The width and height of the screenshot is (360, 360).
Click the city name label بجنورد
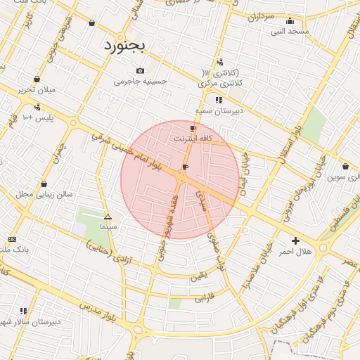pyautogui.click(x=124, y=46)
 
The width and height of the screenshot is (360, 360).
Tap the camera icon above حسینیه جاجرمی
pyautogui.click(x=141, y=70)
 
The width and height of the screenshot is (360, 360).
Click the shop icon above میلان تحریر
pyautogui.click(x=37, y=79)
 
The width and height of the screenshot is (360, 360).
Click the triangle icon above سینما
pyautogui.click(x=108, y=217)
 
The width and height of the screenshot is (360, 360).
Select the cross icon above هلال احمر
pyautogui.click(x=295, y=240)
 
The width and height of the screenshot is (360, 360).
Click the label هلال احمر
pyautogui.click(x=295, y=251)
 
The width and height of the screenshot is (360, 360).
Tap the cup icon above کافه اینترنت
pyautogui.click(x=193, y=129)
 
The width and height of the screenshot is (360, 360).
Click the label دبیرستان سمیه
pyautogui.click(x=219, y=110)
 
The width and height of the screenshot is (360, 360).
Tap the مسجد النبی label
pyautogui.click(x=290, y=31)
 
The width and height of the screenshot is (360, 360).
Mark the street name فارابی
pyautogui.click(x=203, y=298)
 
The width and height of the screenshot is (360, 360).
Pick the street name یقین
pyautogui.click(x=198, y=276)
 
